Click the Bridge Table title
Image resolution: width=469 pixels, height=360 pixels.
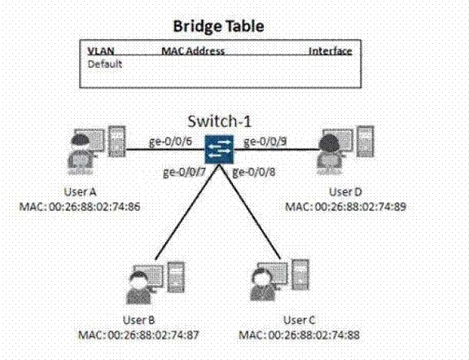tap(219, 26)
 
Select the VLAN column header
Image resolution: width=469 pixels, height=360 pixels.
tap(101, 50)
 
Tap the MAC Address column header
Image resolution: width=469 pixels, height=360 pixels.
tap(193, 50)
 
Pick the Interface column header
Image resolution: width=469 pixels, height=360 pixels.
tap(331, 51)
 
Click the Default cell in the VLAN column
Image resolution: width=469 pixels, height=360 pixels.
tap(105, 64)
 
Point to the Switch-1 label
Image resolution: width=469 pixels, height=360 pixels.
tap(219, 121)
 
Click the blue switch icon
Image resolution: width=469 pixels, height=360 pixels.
tap(219, 150)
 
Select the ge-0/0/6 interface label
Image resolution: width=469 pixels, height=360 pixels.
tap(170, 141)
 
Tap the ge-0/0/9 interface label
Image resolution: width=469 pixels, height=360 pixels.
tap(265, 141)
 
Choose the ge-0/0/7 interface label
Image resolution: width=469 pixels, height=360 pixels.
tap(184, 172)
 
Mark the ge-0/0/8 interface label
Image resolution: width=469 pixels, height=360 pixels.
tap(254, 172)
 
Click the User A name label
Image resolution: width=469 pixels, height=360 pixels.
tap(80, 192)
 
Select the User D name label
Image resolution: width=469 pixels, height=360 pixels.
tap(345, 192)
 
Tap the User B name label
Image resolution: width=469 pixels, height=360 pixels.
tap(138, 320)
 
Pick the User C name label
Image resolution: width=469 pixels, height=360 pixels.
tap(300, 320)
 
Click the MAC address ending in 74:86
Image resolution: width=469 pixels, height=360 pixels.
tap(80, 207)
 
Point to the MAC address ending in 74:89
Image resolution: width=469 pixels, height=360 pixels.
tap(346, 207)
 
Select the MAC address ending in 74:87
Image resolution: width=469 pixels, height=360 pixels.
tap(138, 335)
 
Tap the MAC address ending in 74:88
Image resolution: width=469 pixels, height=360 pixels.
tap(300, 335)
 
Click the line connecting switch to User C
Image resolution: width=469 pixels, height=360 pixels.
tap(251, 212)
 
